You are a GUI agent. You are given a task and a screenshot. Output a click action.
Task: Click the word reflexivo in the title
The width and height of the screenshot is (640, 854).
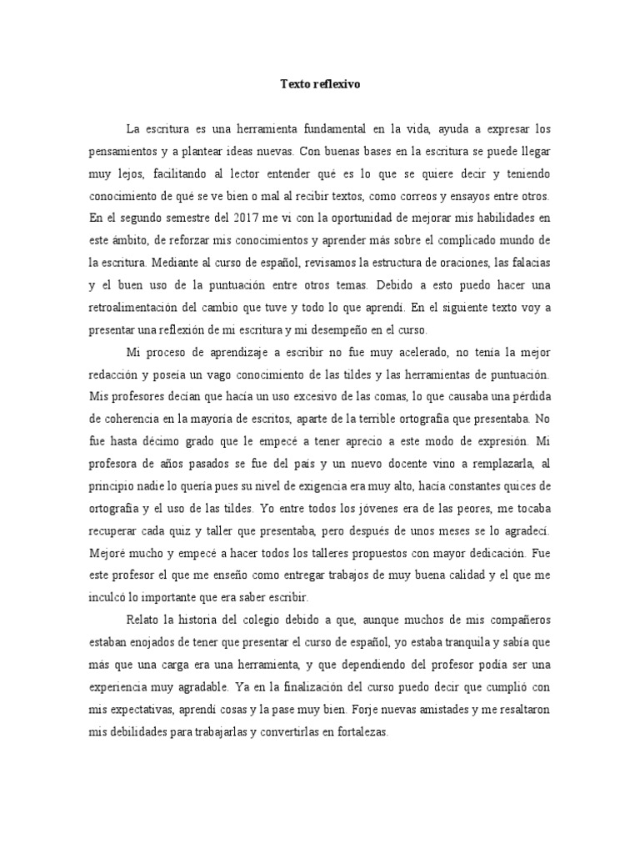click(337, 84)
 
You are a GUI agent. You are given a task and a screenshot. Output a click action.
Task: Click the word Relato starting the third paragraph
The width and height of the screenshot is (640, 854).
click(146, 620)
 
